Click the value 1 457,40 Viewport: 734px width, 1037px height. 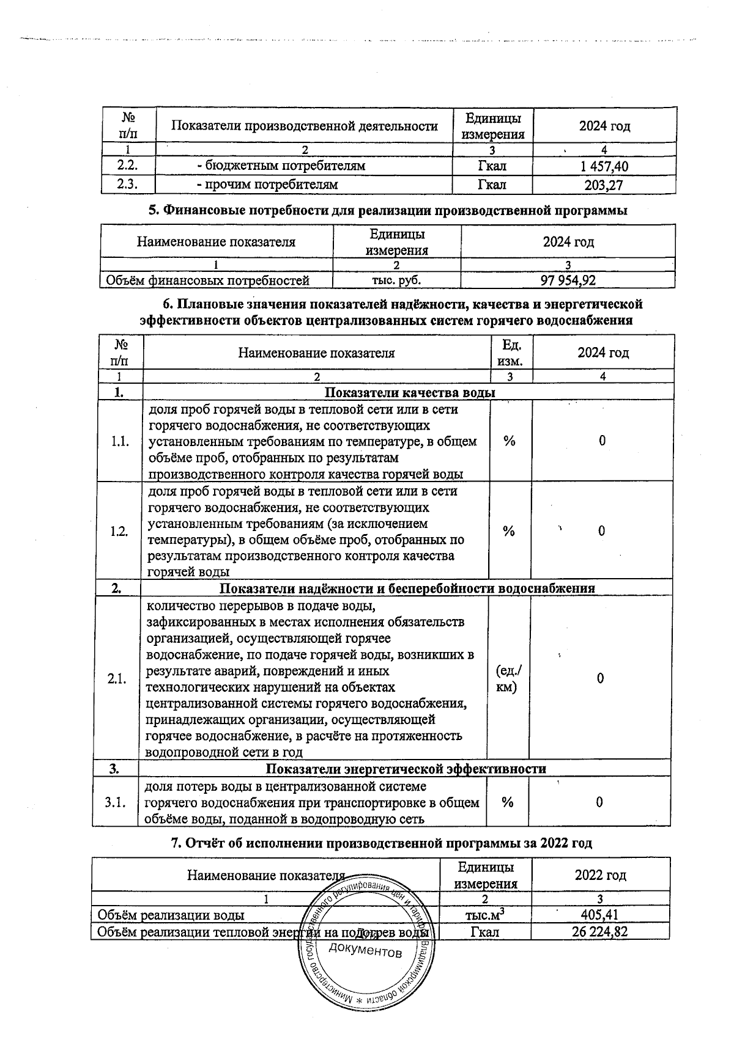(x=604, y=167)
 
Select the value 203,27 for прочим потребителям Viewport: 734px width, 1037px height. (x=604, y=185)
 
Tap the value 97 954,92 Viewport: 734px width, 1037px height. (x=568, y=280)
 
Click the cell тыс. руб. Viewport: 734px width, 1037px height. (x=397, y=280)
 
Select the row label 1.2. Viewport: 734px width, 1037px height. (x=119, y=531)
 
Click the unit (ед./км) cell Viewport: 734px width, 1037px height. (x=508, y=679)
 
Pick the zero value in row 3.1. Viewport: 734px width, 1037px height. (x=599, y=802)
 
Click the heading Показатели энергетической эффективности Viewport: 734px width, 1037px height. (x=406, y=769)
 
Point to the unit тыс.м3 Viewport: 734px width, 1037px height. (x=485, y=915)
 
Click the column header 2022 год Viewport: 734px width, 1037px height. (x=600, y=875)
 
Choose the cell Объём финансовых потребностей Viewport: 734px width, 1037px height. (x=208, y=280)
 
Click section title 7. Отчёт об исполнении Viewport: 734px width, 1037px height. (x=380, y=843)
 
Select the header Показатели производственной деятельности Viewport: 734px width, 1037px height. (x=304, y=126)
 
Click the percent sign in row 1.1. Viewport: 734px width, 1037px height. (x=509, y=441)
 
